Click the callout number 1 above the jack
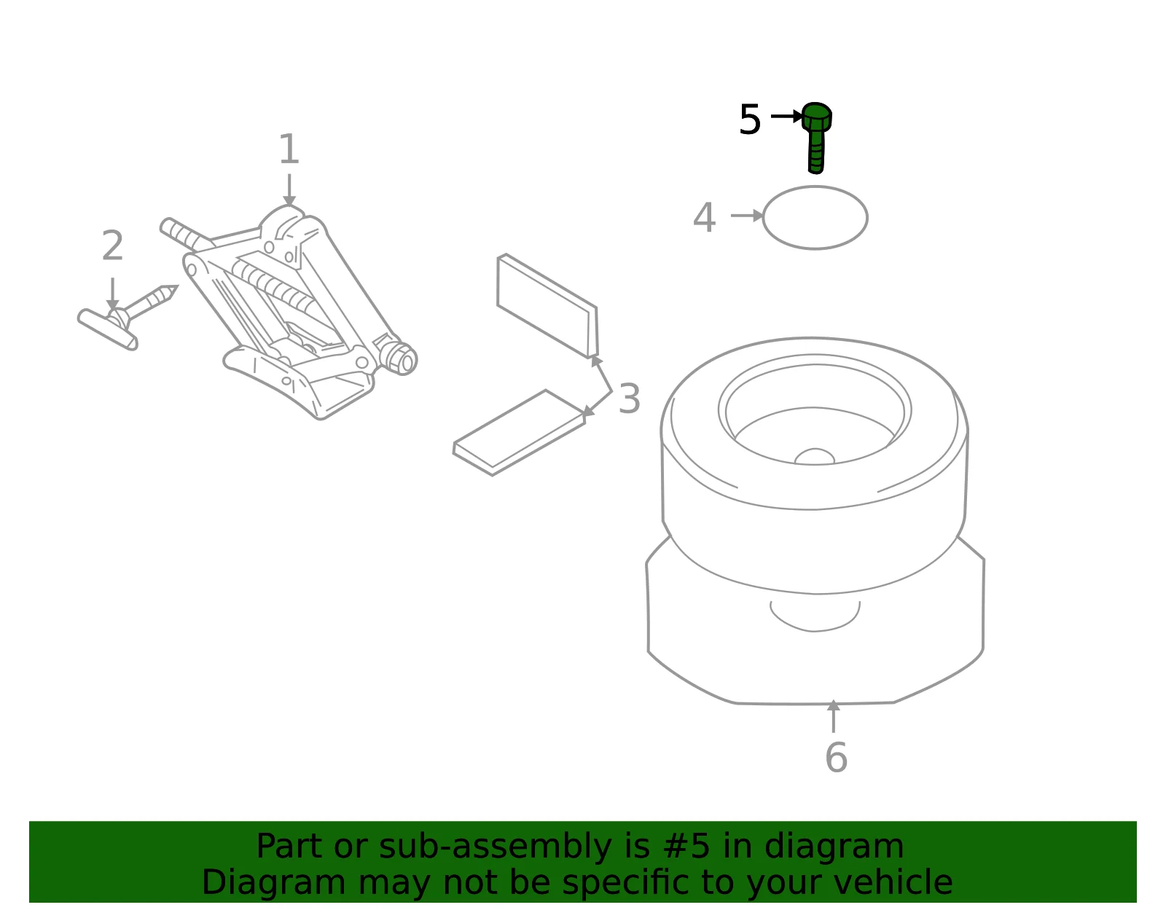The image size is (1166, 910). point(289,149)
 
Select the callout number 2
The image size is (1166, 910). point(113,246)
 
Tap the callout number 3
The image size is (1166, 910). point(630,399)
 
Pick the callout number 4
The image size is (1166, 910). point(705,217)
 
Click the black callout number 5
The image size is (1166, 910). point(750,119)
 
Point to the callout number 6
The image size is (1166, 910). point(836,757)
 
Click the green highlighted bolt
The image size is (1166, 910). point(816,138)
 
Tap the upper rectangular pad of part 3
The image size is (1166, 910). point(547,306)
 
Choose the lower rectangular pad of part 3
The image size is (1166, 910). point(520,433)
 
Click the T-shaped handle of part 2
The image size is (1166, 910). point(107,329)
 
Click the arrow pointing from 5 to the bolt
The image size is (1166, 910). point(786,116)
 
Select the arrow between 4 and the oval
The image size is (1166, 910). point(747,216)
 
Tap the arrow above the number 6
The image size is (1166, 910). point(833,716)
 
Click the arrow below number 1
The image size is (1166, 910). point(289,190)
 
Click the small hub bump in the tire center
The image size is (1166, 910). point(815,457)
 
